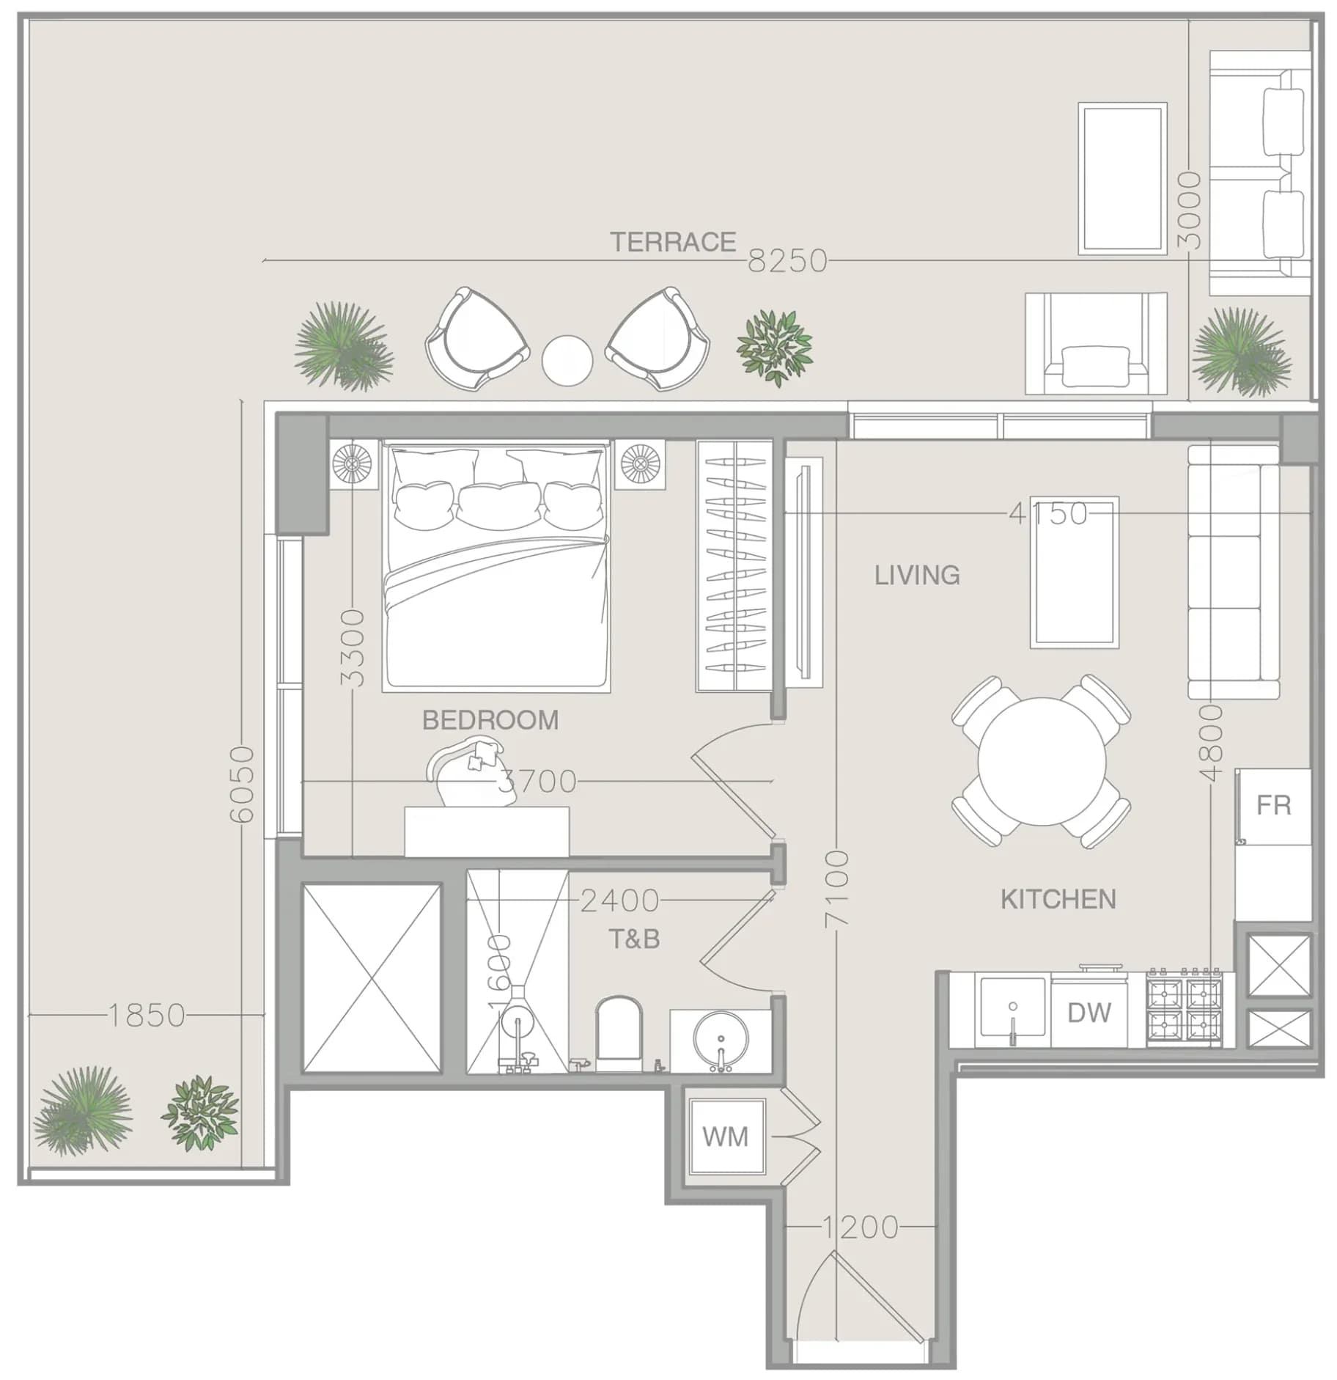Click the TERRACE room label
[x=673, y=242]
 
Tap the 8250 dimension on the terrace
[x=787, y=261]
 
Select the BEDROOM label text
[x=490, y=720]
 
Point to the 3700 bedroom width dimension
[x=537, y=782]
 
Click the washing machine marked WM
[x=726, y=1137]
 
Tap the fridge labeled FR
[x=1273, y=806]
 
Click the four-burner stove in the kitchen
[x=1185, y=1007]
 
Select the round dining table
[x=1041, y=761]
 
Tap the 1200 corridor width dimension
[x=860, y=1227]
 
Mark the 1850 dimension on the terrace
[x=147, y=1016]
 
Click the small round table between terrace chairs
[x=567, y=360]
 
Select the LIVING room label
[x=917, y=575]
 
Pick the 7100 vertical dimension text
[x=836, y=889]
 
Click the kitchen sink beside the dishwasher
[x=1012, y=1008]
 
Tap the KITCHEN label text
[x=1058, y=899]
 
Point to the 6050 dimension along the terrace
[x=242, y=784]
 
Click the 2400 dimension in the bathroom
[x=619, y=901]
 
